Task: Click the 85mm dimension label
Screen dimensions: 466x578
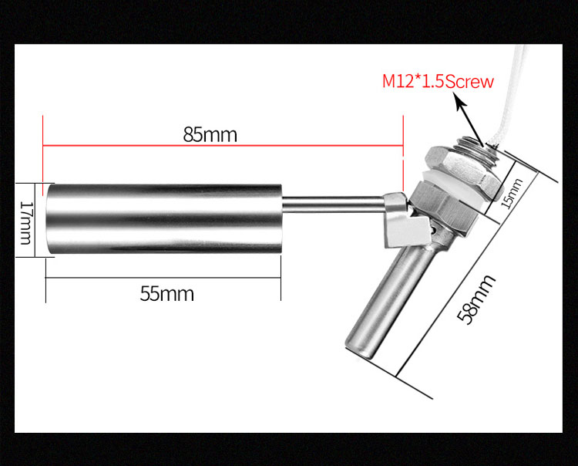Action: pyautogui.click(x=210, y=134)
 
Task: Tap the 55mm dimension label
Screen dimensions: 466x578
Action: pyautogui.click(x=167, y=294)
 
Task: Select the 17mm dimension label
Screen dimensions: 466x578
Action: pyautogui.click(x=25, y=220)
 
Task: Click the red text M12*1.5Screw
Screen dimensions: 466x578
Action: pyautogui.click(x=438, y=81)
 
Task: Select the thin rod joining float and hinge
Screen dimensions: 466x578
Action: pyautogui.click(x=335, y=204)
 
